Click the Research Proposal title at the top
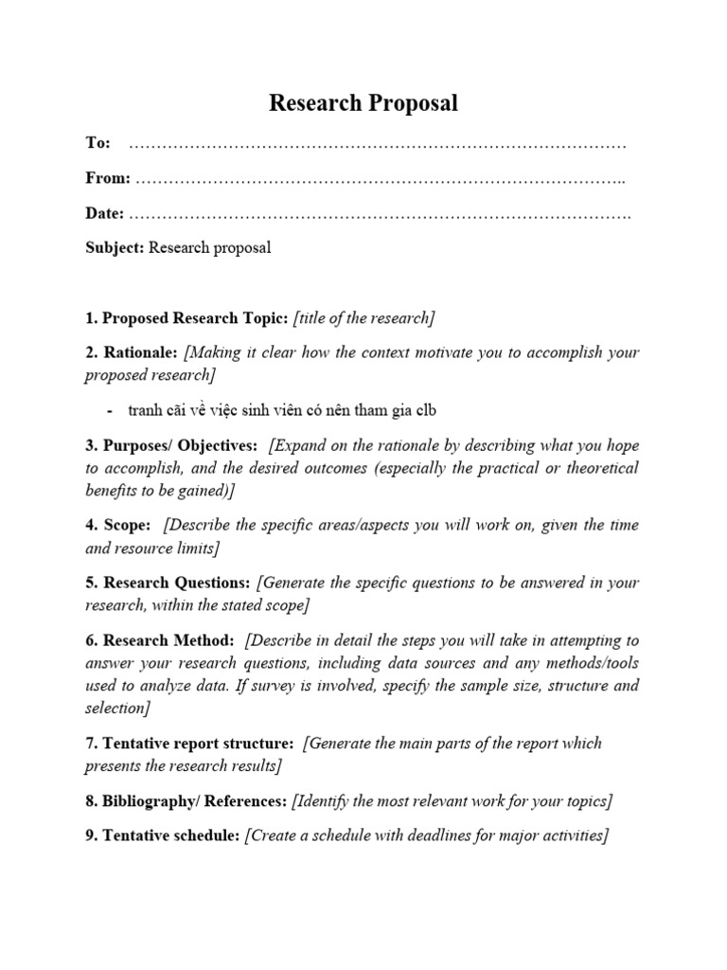coord(363,103)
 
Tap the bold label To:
coord(98,143)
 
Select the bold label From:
coord(108,178)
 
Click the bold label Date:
coord(104,213)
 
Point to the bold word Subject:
coord(115,248)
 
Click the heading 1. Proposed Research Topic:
coord(186,318)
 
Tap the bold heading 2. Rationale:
coord(131,352)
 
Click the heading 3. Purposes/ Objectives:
coord(171,445)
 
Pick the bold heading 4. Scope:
coord(118,525)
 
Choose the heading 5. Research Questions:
coord(168,583)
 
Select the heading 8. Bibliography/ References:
coord(186,801)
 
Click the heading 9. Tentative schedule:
coord(162,835)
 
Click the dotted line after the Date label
coord(379,214)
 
